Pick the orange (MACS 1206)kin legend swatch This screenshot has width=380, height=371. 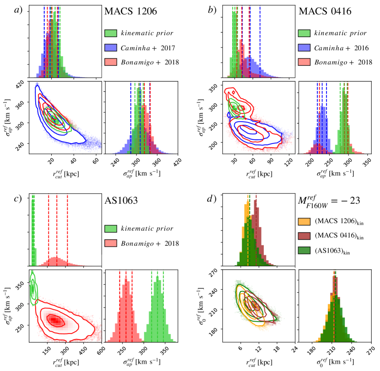(x=305, y=222)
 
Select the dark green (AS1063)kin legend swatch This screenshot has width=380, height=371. (x=305, y=251)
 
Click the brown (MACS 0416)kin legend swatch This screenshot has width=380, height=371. (x=305, y=237)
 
